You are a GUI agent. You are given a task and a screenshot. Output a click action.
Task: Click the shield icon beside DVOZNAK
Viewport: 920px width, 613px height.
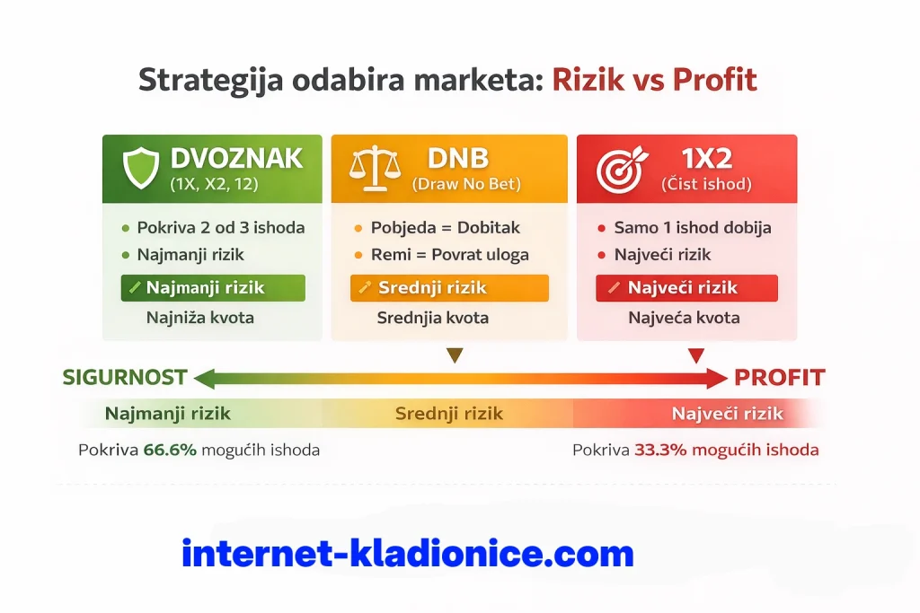coord(140,168)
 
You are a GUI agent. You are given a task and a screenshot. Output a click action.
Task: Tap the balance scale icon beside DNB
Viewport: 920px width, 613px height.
coord(375,168)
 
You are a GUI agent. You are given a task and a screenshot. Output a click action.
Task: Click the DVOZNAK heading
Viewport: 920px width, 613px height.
coord(236,158)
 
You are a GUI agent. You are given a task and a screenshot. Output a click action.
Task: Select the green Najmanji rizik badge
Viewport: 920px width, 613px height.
coord(213,288)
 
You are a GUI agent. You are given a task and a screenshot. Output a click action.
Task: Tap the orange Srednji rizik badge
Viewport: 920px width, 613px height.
coord(448,288)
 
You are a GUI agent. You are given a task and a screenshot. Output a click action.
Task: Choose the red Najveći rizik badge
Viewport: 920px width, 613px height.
coord(686,288)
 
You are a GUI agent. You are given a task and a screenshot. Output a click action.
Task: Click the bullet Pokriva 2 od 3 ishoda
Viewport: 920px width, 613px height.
coord(220,227)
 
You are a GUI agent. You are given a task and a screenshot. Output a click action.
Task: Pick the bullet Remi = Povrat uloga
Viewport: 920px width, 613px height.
coord(449,254)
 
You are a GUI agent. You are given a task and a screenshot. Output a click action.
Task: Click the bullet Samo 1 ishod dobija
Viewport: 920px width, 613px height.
coord(692,227)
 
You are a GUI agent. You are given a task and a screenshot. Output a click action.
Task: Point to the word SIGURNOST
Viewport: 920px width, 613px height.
coord(125,378)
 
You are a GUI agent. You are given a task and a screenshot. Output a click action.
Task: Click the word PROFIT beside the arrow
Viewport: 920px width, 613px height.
coord(780,378)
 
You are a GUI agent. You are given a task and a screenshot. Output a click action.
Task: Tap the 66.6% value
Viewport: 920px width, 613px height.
coord(170,450)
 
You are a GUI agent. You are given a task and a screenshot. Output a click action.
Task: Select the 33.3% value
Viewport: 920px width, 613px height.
coord(660,450)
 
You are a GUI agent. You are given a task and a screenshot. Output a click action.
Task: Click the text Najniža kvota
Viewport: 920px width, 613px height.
coord(200,318)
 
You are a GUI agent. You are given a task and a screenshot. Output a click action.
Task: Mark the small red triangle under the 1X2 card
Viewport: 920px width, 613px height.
coord(695,356)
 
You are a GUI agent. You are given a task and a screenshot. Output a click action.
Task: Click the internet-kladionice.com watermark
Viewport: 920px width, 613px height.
coord(408,553)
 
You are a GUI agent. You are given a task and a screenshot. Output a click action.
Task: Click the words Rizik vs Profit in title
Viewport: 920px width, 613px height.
coord(654,80)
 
